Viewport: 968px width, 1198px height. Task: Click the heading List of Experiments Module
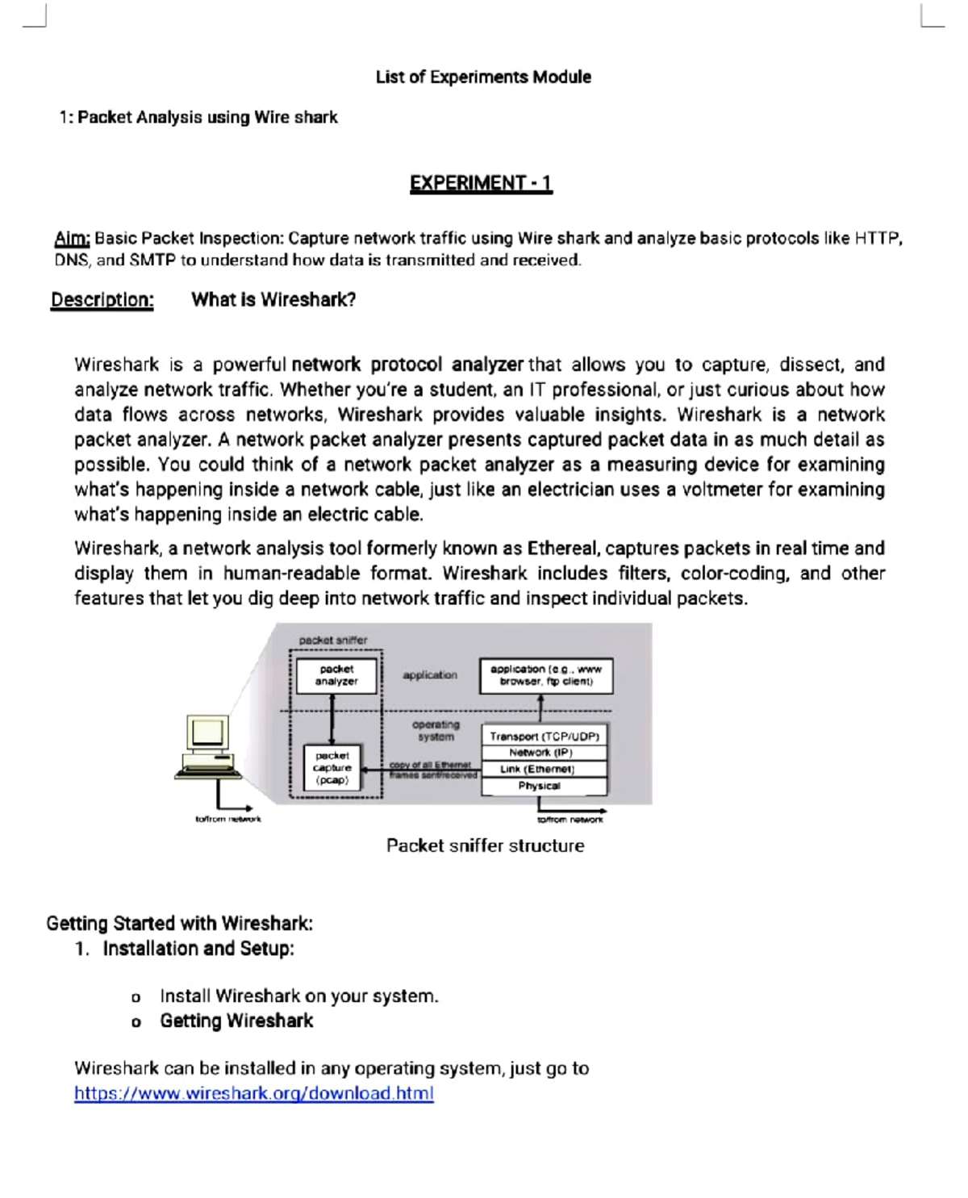tap(483, 77)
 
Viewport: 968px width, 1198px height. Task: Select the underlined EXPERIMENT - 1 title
tap(481, 183)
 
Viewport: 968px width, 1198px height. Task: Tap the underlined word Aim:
tap(72, 239)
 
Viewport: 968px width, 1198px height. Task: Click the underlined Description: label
tap(102, 300)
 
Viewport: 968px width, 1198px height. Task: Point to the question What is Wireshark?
tap(273, 300)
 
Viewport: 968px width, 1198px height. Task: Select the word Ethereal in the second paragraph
tap(562, 549)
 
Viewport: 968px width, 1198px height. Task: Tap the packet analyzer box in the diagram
tap(336, 675)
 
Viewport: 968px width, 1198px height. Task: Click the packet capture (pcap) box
tap(332, 768)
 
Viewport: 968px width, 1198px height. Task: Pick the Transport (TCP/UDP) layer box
tap(544, 736)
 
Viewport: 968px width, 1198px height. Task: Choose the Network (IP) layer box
tap(541, 752)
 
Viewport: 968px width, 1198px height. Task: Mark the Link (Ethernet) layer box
tap(537, 769)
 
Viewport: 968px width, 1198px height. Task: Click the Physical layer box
tap(539, 786)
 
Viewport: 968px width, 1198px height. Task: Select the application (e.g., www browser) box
tap(546, 675)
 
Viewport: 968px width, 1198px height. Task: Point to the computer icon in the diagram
tap(208, 746)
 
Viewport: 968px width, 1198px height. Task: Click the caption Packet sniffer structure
tap(485, 845)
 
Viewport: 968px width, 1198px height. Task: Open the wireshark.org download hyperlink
tap(253, 1093)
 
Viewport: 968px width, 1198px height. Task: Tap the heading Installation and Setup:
tap(198, 949)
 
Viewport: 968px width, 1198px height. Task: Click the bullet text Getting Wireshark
tap(236, 1021)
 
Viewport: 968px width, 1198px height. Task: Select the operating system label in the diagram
tap(436, 731)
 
